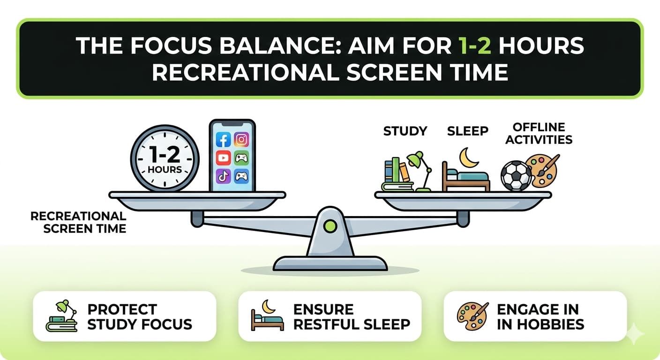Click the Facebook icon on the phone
[223, 140]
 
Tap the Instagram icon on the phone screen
[241, 139]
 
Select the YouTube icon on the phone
[223, 158]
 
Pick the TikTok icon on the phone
[223, 176]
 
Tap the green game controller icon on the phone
[241, 158]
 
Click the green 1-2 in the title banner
[475, 46]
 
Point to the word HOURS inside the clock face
[165, 170]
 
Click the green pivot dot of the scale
[330, 226]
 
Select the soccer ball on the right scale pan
[516, 176]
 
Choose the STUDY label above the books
[405, 131]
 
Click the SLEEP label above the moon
[468, 131]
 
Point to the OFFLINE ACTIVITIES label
[539, 134]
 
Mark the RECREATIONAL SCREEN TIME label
[78, 223]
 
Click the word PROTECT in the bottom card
[122, 309]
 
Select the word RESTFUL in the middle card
[326, 324]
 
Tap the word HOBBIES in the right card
[550, 324]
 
